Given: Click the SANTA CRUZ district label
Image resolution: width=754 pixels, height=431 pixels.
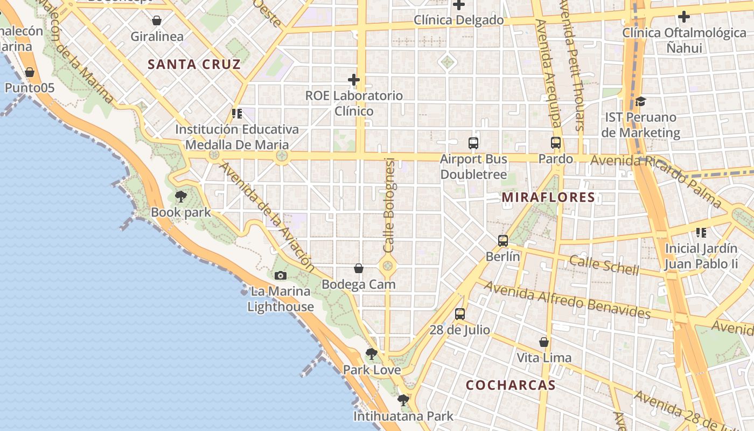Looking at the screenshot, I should [194, 65].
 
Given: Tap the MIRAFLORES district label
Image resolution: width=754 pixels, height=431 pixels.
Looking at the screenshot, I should [548, 197].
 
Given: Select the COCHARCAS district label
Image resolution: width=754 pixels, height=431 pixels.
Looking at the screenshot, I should [510, 385].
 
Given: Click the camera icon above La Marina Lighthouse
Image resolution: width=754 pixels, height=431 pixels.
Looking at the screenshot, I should [280, 276].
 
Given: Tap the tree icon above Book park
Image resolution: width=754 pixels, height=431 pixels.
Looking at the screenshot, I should [181, 197].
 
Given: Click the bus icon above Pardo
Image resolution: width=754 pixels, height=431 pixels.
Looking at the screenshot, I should [556, 143].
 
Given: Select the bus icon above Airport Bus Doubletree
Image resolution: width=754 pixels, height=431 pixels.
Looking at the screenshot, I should [473, 143].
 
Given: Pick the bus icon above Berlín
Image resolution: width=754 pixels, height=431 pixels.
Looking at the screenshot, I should [503, 241].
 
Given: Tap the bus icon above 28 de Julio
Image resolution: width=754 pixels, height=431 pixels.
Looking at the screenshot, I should [460, 314].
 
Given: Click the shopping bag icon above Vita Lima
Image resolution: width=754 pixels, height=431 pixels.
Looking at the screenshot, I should [544, 342].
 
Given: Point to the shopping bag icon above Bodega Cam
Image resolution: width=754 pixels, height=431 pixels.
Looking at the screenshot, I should [359, 268].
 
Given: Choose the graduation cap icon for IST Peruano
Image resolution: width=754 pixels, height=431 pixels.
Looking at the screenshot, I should [640, 101].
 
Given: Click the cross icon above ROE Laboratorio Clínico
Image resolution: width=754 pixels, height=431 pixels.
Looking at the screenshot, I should [354, 80].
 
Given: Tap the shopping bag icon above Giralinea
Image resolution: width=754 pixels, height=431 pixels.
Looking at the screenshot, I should [157, 21].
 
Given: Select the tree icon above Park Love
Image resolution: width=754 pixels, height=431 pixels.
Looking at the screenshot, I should [372, 354].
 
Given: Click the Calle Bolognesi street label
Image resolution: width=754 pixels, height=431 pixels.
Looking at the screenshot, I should [389, 205].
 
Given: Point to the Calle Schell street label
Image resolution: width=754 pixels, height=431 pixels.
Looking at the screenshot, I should [604, 265].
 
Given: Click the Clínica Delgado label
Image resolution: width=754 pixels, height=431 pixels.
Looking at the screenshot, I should [459, 20].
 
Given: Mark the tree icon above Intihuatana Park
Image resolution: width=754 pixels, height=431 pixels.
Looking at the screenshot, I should [403, 400].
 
